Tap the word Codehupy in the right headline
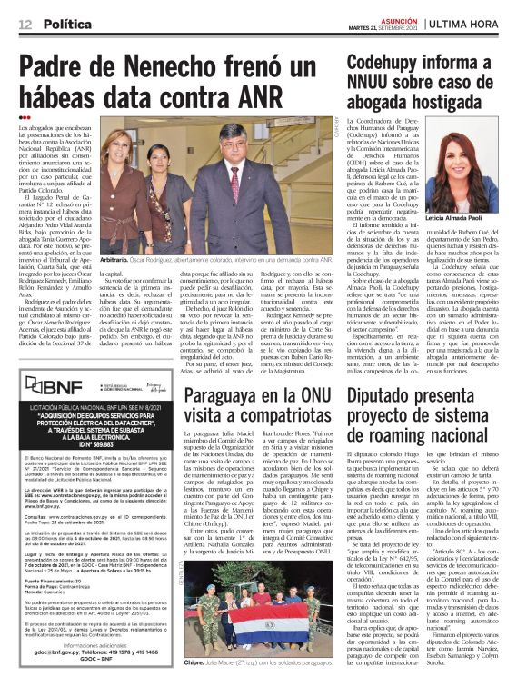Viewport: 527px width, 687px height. (x=389, y=65)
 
